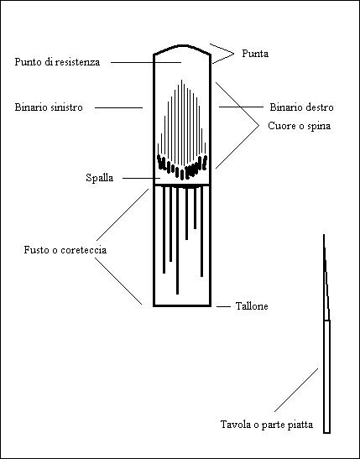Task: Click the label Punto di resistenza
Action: (x=57, y=62)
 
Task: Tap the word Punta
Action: (x=255, y=54)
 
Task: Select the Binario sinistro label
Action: (x=49, y=107)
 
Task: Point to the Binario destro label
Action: (x=301, y=107)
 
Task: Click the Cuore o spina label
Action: (x=299, y=126)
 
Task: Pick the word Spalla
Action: (x=100, y=178)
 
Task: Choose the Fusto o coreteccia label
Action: (x=65, y=250)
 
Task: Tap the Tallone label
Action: (x=252, y=306)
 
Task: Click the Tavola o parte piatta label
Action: (x=267, y=425)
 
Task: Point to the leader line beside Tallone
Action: (x=224, y=307)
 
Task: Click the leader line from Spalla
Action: (x=141, y=178)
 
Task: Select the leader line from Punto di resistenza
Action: (x=146, y=62)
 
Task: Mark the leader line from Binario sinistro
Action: (x=118, y=107)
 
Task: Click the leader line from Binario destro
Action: (x=241, y=107)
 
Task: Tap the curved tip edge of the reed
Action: (x=182, y=45)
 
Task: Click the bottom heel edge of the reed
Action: (x=182, y=306)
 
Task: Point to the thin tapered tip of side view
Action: (x=324, y=235)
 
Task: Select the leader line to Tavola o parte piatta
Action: (x=296, y=390)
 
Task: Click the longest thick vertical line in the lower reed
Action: (x=177, y=240)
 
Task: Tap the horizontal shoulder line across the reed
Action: (x=182, y=185)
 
